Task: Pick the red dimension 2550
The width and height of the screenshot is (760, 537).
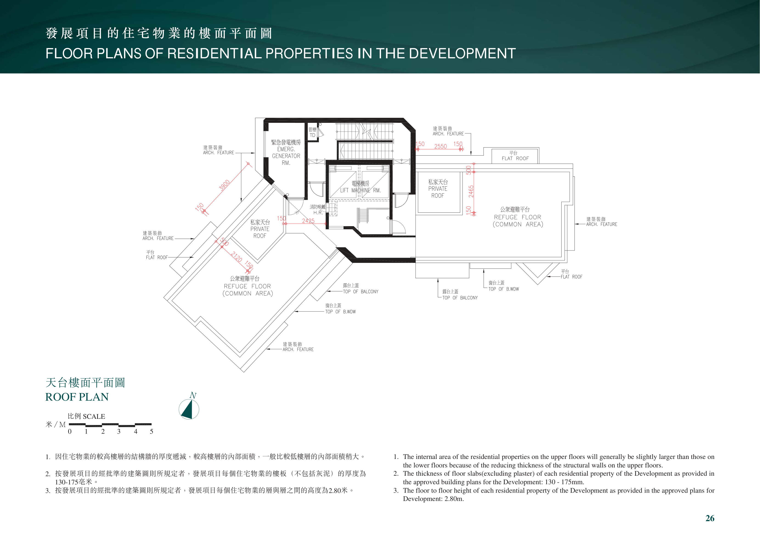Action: point(441,146)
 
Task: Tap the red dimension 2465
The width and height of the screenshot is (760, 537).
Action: point(471,191)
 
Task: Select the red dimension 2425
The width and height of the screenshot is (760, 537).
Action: point(308,221)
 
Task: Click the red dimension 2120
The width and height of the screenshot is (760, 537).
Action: point(236,257)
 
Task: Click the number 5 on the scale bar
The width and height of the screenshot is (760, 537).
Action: point(152,431)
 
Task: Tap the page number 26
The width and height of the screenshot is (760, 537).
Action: point(710,518)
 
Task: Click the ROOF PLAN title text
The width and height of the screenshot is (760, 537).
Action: point(77,397)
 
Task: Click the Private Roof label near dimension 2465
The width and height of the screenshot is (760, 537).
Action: point(438,188)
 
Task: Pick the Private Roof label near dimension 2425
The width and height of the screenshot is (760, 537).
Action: point(260,229)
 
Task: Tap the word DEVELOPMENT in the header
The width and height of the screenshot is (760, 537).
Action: point(462,53)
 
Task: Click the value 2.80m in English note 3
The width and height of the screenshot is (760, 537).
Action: point(454,499)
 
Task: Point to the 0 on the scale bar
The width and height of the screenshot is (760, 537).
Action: point(70,431)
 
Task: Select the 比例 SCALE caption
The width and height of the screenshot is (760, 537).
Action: point(86,416)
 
